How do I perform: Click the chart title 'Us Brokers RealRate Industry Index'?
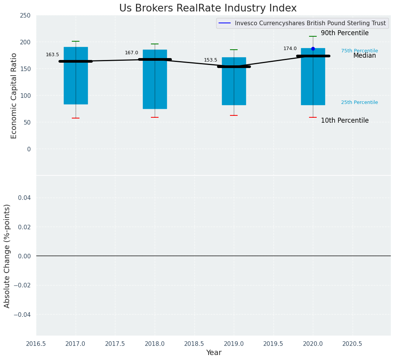point(208,8)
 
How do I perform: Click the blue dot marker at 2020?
point(313,49)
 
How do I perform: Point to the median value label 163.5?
point(52,55)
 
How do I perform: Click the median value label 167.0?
point(131,53)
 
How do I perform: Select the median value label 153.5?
point(210,60)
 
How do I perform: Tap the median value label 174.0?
point(290,49)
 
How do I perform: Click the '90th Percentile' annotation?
point(345,33)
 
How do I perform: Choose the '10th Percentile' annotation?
point(345,121)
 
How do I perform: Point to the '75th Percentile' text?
point(359,51)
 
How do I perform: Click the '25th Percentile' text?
point(359,102)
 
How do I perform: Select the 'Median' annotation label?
point(364,56)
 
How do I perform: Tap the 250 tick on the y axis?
point(25,16)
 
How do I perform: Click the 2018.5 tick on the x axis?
point(194,344)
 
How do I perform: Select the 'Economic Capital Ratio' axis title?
point(14,96)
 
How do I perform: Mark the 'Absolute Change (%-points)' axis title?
point(7,256)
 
